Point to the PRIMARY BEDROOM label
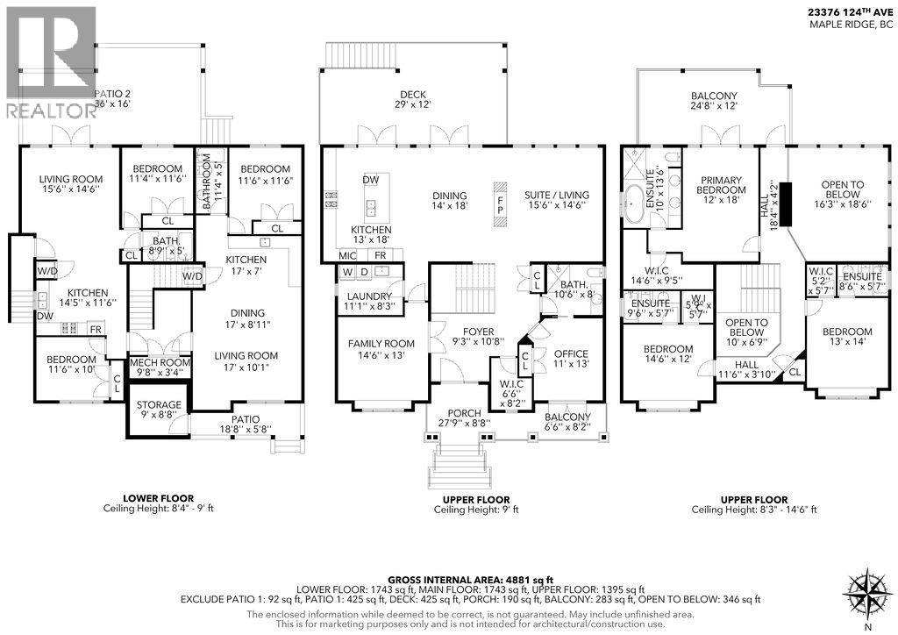(x=721, y=189)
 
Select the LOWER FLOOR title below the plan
(x=158, y=499)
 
